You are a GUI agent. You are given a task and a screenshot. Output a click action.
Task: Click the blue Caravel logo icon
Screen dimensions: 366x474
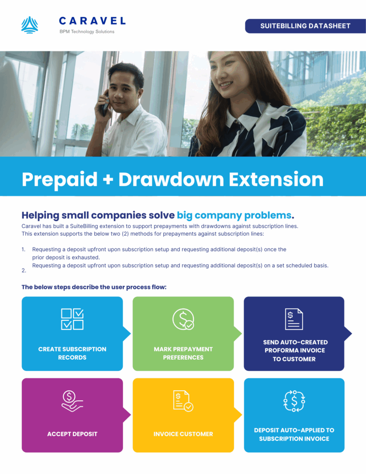30,25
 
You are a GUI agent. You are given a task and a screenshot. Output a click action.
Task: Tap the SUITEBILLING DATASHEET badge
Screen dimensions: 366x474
305,26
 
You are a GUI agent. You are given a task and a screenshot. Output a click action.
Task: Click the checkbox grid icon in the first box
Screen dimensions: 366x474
72,319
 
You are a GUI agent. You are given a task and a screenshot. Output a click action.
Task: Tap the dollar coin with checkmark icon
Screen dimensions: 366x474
183,319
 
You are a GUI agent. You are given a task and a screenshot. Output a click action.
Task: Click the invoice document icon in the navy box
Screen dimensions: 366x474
294,319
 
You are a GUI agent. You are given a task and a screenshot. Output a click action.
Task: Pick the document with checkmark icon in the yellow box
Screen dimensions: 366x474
183,401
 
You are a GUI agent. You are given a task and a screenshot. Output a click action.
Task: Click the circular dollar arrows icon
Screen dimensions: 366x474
294,401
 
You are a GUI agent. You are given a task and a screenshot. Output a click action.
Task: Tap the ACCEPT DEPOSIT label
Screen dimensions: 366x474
72,434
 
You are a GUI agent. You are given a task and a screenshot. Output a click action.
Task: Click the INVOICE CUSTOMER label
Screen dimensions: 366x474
183,434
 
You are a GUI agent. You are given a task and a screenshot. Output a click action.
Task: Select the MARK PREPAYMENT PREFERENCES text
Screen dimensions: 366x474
183,353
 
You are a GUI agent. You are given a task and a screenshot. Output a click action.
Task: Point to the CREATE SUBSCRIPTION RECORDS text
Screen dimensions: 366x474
72,353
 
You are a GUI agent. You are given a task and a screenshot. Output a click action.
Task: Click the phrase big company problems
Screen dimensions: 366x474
234,215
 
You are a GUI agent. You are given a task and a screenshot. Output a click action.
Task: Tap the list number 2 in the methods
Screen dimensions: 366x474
24,270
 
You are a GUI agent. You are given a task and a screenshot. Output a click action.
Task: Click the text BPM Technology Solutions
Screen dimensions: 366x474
87,31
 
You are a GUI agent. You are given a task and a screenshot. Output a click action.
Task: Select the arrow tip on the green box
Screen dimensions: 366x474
242,334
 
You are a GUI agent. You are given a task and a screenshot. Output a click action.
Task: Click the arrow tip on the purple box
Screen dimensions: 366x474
130,415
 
